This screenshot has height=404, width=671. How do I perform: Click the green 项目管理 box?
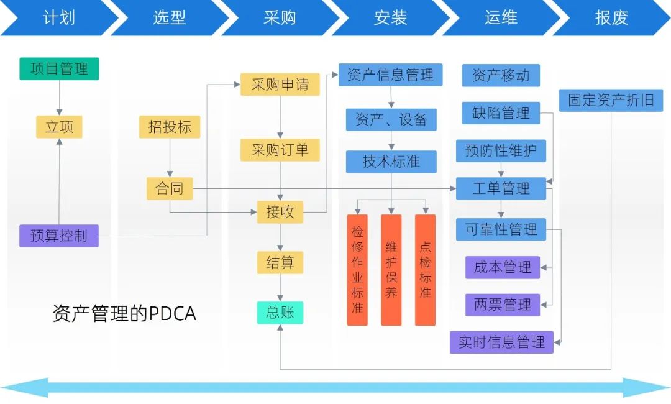[x=59, y=68]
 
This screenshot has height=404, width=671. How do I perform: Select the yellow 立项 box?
[x=59, y=127]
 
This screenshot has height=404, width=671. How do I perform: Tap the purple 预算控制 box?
[x=59, y=236]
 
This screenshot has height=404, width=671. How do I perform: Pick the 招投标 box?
[x=170, y=127]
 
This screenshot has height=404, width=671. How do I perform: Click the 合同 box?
[x=170, y=188]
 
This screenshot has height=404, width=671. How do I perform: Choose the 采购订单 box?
[x=280, y=150]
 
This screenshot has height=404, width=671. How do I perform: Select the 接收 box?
[x=280, y=212]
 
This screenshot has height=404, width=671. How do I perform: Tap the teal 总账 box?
[x=280, y=312]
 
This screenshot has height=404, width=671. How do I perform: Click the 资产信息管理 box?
[x=391, y=75]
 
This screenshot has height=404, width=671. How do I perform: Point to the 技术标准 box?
[x=391, y=162]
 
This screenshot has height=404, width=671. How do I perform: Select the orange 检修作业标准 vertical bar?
[x=357, y=270]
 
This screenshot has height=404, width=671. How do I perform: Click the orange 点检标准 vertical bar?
[x=425, y=270]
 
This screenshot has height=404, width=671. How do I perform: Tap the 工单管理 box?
[x=501, y=188]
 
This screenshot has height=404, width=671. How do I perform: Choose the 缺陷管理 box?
[x=501, y=113]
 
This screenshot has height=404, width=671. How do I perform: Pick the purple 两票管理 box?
[x=503, y=305]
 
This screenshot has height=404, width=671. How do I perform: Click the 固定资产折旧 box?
[x=611, y=100]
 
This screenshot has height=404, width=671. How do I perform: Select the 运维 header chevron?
[x=501, y=17]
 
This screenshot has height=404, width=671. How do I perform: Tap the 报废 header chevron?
[x=611, y=17]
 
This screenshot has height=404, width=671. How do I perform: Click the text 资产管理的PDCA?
[x=124, y=313]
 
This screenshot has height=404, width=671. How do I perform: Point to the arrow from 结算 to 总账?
[x=280, y=288]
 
